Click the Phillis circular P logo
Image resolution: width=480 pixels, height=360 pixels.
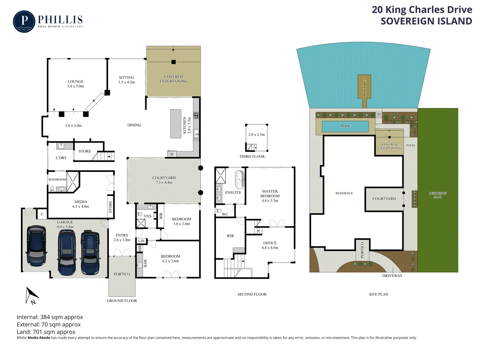(x=24, y=22)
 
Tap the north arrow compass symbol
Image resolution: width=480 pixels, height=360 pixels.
(x=32, y=295)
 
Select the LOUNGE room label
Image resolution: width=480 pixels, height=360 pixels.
(x=76, y=82)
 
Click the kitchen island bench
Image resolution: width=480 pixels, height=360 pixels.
(x=176, y=124)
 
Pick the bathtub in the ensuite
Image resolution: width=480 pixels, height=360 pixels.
(x=239, y=180)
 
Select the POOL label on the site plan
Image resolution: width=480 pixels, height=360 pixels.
(x=345, y=126)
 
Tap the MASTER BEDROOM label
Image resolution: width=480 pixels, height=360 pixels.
(x=270, y=194)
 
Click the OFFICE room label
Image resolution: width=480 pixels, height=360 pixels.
(x=270, y=243)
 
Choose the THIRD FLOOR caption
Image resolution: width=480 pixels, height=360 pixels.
(x=252, y=156)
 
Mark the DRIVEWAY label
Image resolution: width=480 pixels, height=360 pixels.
(x=392, y=276)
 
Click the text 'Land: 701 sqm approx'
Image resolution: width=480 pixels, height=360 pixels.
(x=46, y=332)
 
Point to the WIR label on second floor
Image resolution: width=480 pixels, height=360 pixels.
(x=230, y=236)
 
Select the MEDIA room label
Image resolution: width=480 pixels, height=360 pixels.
(x=81, y=202)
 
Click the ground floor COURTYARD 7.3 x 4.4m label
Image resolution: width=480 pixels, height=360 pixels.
(x=164, y=180)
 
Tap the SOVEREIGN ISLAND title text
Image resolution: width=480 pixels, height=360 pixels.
(x=426, y=21)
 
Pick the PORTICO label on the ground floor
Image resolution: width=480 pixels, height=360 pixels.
(x=122, y=274)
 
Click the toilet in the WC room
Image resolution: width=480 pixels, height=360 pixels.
(x=219, y=211)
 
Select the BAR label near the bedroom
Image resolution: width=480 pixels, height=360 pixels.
(x=145, y=263)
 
